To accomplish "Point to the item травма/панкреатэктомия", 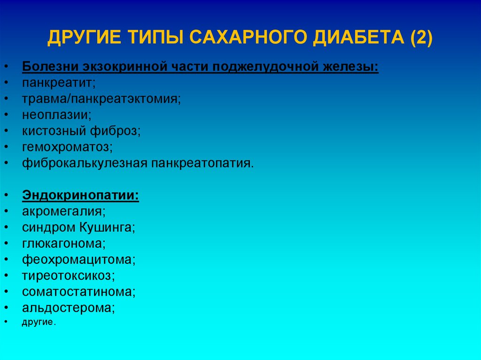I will pyautogui.click(x=101, y=99).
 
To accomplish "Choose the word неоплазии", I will pyautogui.click(x=56, y=115).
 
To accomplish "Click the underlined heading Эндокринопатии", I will pyautogui.click(x=80, y=195).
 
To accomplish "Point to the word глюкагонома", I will pyautogui.click(x=63, y=244).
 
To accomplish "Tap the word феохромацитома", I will pyautogui.click(x=78, y=260).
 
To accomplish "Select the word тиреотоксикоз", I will pyautogui.click(x=68, y=276).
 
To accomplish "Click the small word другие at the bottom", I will pyautogui.click(x=38, y=322).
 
